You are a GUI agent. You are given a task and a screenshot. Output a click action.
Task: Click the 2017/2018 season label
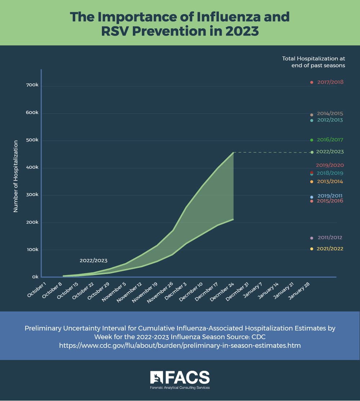[330, 82]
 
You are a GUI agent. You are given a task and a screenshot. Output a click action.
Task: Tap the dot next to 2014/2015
[312, 115]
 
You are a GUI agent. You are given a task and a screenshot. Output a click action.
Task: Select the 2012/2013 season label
[330, 120]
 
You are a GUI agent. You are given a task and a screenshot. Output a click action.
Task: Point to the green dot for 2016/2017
[312, 140]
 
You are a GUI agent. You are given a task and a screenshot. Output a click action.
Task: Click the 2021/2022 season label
[330, 249]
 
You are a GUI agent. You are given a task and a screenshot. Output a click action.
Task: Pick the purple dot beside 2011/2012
[312, 238]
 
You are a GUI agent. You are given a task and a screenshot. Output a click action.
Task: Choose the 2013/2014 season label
[330, 182]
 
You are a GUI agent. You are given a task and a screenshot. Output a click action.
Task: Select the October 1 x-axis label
[37, 290]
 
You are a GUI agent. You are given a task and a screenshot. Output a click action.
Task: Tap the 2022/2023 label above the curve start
[93, 260]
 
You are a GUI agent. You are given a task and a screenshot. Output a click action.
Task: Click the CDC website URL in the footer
[180, 346]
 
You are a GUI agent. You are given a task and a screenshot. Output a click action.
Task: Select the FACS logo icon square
[157, 378]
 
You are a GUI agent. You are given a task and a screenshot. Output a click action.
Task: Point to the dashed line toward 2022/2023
[272, 152]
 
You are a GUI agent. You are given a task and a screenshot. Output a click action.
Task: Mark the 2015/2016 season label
[330, 201]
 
